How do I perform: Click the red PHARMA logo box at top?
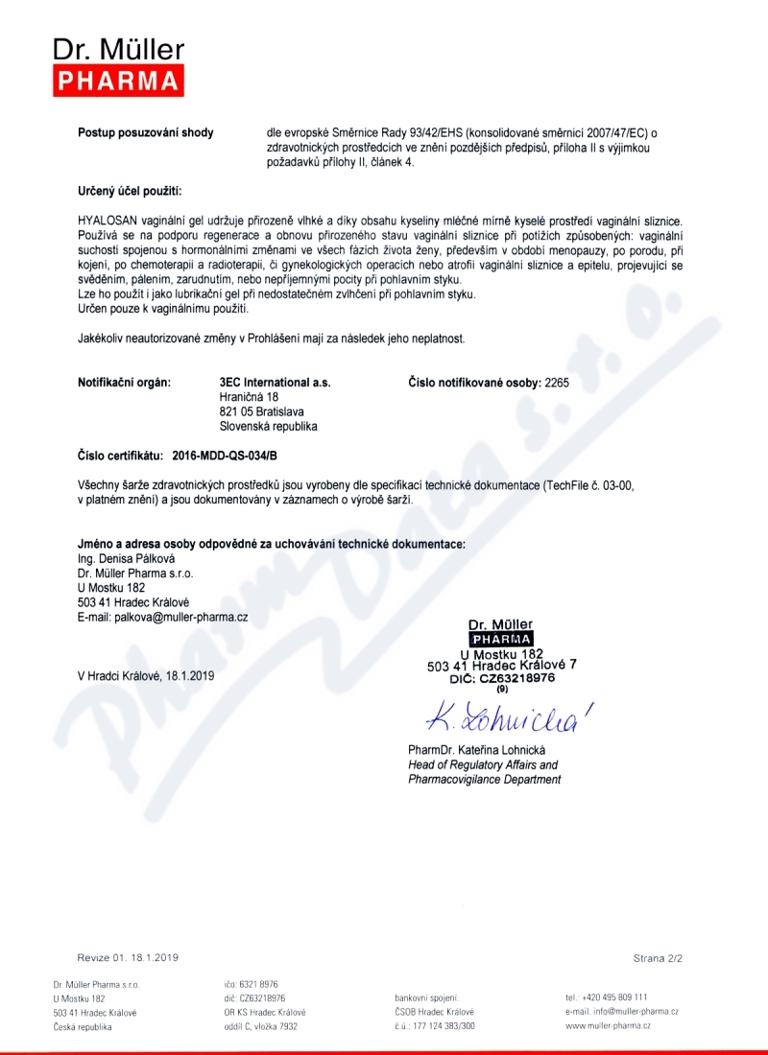(x=118, y=81)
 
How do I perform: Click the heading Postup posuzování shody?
(x=145, y=132)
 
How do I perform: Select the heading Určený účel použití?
(x=129, y=193)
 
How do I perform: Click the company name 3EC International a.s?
(x=276, y=383)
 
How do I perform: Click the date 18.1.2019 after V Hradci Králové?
(x=190, y=675)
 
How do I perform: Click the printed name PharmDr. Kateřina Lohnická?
(x=476, y=749)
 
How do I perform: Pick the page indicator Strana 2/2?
(x=658, y=958)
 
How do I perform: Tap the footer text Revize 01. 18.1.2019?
(x=128, y=958)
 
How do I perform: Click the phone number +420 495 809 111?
(x=614, y=996)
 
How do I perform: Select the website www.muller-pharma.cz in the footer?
(x=608, y=1026)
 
